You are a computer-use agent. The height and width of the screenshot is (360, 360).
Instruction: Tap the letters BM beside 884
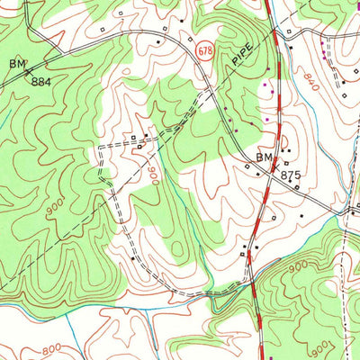17,64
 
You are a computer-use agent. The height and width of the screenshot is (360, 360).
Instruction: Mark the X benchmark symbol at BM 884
28,70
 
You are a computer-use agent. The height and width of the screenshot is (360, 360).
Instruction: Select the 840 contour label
311,85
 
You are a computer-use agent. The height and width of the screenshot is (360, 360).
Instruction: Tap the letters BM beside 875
263,158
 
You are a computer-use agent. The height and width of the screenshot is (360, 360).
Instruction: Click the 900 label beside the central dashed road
153,175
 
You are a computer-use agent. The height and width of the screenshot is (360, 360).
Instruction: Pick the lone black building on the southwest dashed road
133,258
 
